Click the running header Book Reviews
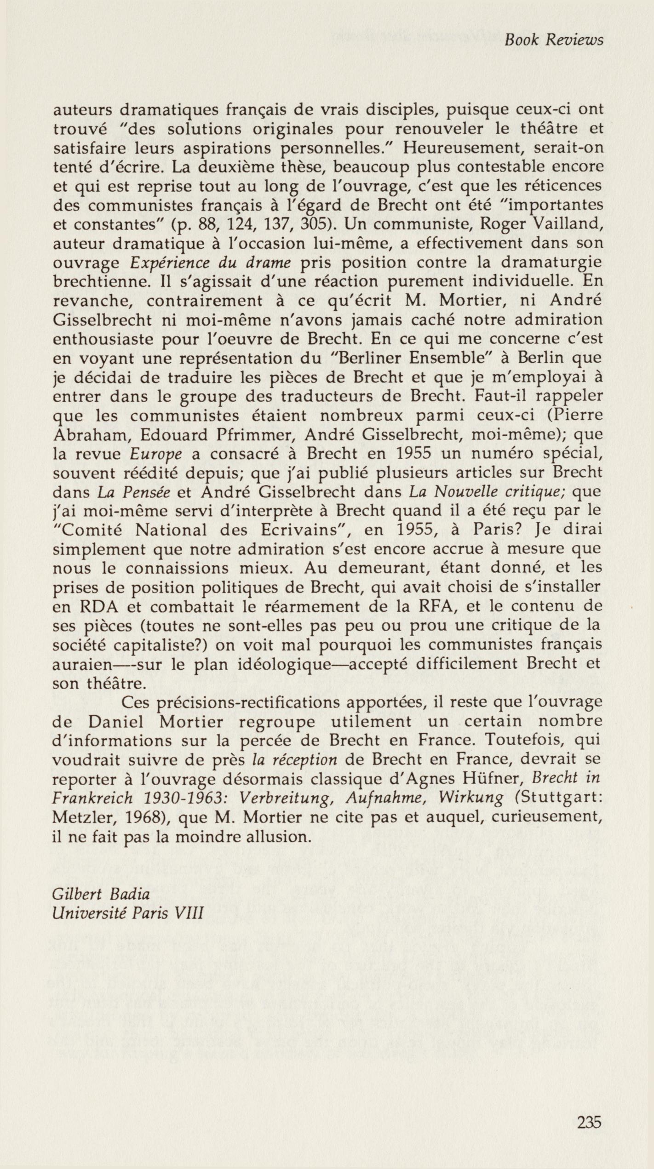pos(553,40)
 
